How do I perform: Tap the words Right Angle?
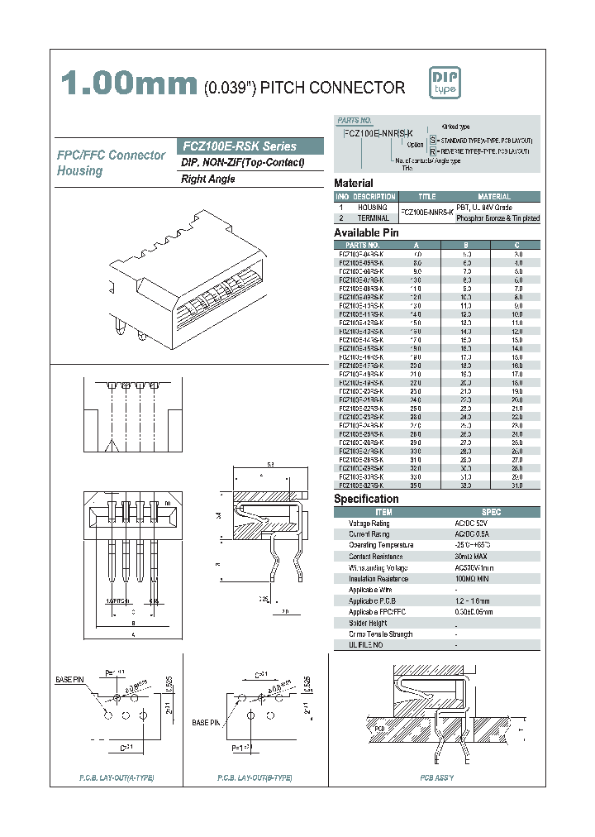point(208,179)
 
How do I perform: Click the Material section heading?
point(354,183)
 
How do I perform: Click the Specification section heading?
point(366,499)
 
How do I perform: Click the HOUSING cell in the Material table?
point(372,208)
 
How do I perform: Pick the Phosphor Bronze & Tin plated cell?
point(497,218)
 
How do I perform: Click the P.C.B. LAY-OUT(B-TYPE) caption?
point(255,778)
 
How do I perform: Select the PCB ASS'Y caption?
point(437,778)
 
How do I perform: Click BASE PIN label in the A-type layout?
point(71,678)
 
